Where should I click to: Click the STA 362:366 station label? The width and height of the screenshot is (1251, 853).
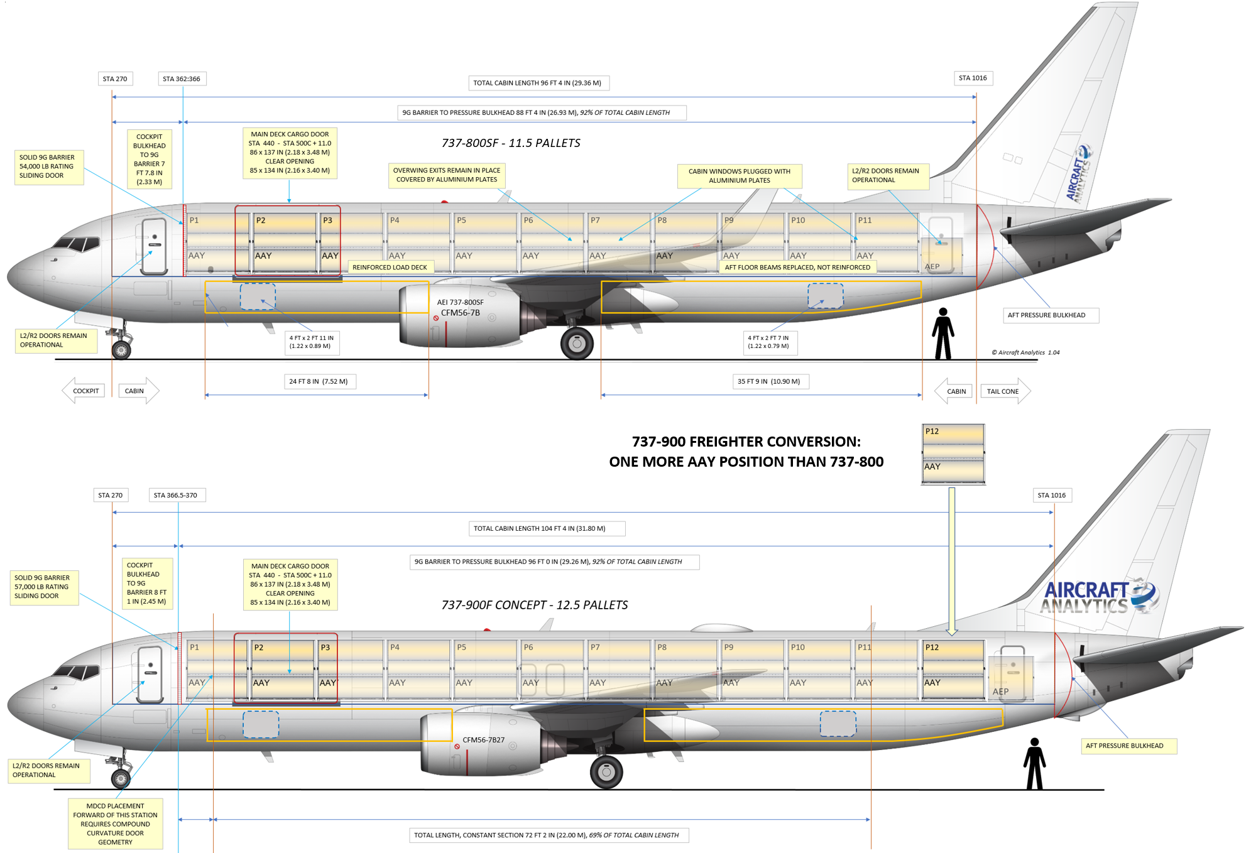[x=182, y=79]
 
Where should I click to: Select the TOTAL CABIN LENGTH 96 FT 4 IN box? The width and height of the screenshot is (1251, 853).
[x=538, y=83]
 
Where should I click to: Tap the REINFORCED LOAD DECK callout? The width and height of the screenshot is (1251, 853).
[x=390, y=267]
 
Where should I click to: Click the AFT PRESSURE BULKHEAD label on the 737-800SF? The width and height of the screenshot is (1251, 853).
[x=1046, y=315]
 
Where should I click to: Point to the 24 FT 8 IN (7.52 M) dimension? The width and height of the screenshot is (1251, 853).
[x=319, y=381]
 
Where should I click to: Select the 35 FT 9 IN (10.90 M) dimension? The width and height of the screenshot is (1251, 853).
[x=769, y=381]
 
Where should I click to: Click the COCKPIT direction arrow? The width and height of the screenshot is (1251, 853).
[x=82, y=391]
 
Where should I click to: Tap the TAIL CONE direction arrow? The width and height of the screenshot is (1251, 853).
[x=1006, y=391]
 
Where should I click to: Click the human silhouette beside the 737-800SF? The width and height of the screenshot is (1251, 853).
[x=942, y=334]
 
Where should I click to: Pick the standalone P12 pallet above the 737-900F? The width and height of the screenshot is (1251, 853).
[x=953, y=454]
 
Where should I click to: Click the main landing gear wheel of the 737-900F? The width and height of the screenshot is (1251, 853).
[x=606, y=771]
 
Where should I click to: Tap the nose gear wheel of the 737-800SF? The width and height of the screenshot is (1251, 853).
[x=121, y=350]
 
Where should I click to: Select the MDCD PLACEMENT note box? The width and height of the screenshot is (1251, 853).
[x=116, y=823]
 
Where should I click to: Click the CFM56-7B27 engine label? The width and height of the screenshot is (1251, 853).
[x=484, y=740]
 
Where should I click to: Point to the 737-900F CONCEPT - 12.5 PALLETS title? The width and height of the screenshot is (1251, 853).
[x=535, y=605]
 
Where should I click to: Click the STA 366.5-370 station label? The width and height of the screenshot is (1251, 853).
[x=176, y=495]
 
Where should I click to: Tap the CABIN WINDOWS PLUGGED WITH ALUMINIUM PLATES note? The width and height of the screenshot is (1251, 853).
[x=740, y=176]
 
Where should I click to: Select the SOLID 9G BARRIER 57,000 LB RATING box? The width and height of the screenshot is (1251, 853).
[x=44, y=587]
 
